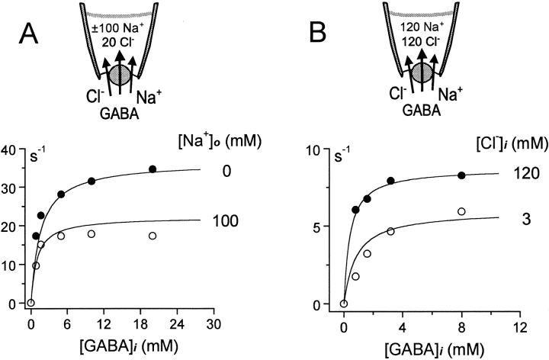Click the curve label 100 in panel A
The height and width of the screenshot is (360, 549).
tap(227, 222)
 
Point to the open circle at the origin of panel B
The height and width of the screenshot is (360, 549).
tap(344, 304)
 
